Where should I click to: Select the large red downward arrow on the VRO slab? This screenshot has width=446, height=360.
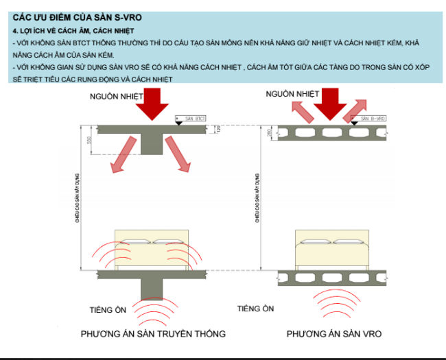pyautogui.click(x=330, y=105)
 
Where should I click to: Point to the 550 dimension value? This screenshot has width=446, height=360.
pyautogui.click(x=89, y=140)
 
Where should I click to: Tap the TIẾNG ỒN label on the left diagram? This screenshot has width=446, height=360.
pyautogui.click(x=108, y=310)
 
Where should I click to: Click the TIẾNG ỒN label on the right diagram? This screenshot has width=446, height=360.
pyautogui.click(x=256, y=309)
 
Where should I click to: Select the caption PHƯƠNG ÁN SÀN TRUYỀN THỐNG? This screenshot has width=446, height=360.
pyautogui.click(x=153, y=334)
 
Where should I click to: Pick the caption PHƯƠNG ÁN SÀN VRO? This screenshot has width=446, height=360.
pyautogui.click(x=334, y=334)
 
